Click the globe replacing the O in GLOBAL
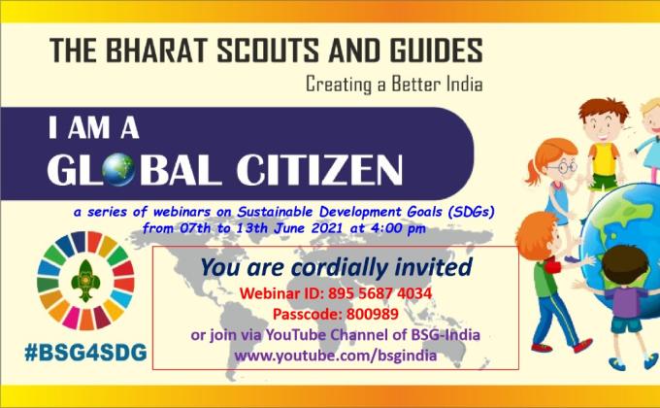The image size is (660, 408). (x=119, y=169)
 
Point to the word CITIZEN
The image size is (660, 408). (x=319, y=169)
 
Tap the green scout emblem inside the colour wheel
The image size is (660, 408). (x=85, y=281)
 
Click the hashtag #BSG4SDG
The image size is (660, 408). (x=85, y=353)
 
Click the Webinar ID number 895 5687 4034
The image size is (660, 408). (x=379, y=293)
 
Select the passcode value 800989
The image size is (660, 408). (x=373, y=314)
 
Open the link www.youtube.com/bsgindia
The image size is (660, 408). (x=336, y=356)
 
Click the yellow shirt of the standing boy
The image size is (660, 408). (x=605, y=159)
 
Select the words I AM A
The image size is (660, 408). (x=93, y=127)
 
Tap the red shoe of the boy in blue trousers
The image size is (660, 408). (x=582, y=346)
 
